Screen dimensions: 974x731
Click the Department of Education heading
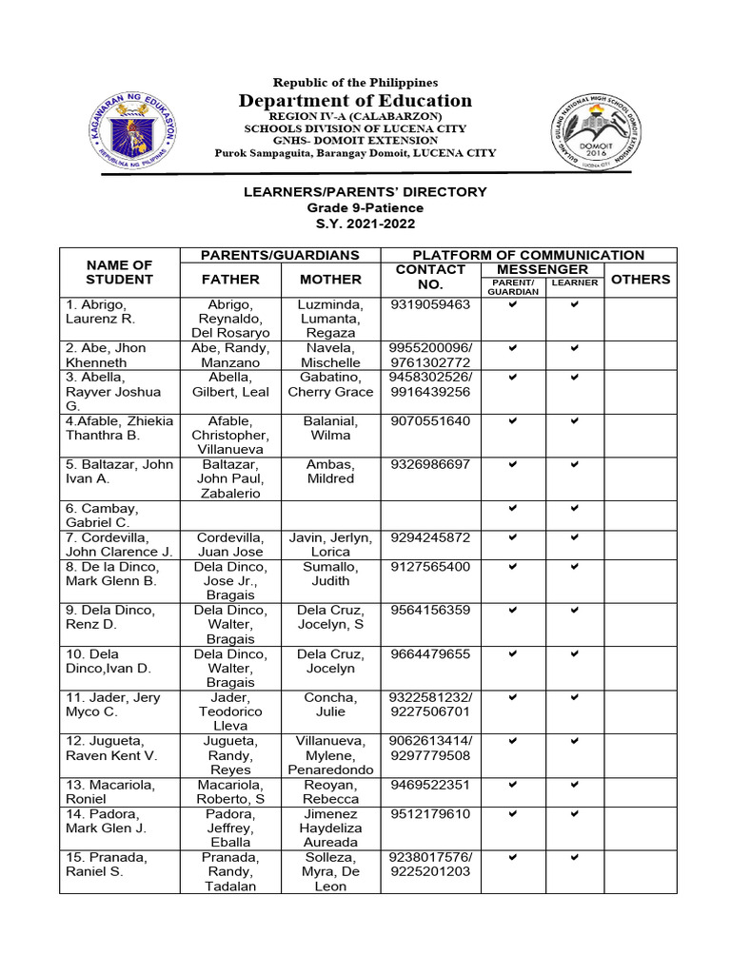355,101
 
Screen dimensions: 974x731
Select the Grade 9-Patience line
365,207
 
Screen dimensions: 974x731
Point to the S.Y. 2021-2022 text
365,224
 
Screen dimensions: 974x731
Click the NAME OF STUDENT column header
119,272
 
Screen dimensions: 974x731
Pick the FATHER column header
230,280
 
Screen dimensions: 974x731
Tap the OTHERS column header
640,280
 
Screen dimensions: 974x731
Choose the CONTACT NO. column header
430,277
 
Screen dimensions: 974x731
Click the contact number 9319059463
430,304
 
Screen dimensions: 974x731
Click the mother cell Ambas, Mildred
331,472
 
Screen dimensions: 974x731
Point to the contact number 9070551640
430,420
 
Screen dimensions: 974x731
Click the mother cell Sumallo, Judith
331,574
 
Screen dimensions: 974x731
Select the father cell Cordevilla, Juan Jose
230,544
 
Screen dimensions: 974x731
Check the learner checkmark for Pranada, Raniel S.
575,857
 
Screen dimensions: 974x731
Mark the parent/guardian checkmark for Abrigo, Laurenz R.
512,304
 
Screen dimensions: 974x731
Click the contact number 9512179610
430,814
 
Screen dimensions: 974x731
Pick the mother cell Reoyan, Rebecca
331,792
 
